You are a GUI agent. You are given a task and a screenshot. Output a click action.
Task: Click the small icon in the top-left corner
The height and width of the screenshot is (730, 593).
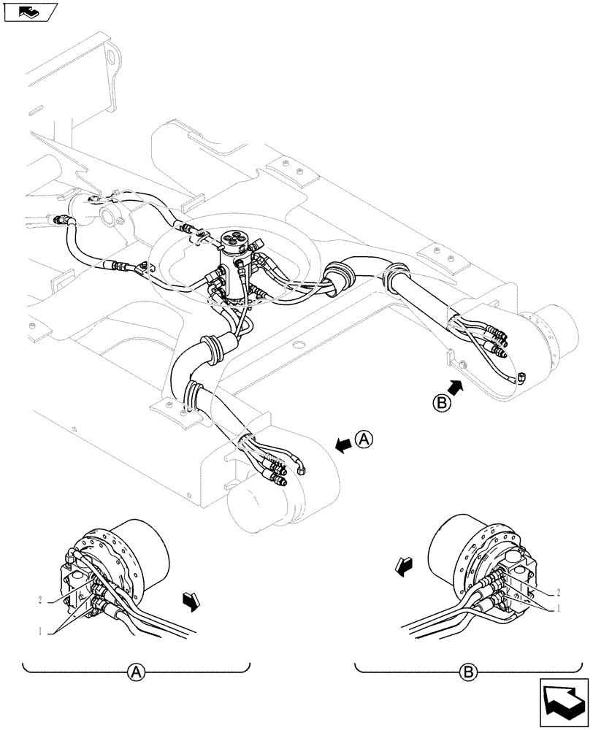point(30,11)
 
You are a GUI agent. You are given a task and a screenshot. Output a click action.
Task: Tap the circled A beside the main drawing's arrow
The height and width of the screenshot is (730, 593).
point(364,439)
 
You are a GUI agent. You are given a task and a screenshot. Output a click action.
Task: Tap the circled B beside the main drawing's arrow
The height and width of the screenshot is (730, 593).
point(440,401)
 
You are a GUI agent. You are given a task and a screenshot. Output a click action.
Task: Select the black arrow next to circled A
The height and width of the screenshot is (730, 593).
point(343,444)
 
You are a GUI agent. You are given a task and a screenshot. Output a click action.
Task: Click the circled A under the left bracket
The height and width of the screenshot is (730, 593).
point(135,672)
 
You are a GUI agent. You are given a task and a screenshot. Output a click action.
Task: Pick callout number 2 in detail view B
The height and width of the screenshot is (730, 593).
point(558,592)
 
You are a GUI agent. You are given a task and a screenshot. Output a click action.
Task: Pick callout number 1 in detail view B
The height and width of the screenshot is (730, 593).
point(559,607)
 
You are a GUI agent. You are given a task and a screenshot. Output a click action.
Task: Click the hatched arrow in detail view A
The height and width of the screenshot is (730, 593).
point(191,601)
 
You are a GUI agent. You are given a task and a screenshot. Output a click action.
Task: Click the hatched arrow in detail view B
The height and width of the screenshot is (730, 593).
point(401,565)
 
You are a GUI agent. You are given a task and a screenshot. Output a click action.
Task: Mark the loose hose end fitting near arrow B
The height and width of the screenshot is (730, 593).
point(521,377)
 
